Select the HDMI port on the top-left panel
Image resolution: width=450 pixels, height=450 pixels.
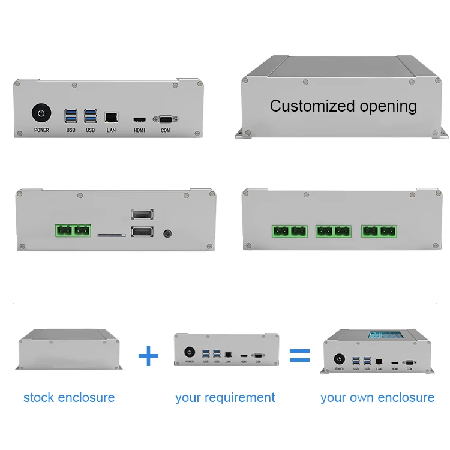point(140,119)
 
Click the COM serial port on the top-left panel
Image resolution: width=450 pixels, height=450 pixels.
point(165,119)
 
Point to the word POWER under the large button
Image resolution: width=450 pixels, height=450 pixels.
point(41,130)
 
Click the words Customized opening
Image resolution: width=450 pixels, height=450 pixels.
point(343,106)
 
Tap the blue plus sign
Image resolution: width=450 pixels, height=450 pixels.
point(148,356)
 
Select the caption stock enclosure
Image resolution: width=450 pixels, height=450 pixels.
point(69,397)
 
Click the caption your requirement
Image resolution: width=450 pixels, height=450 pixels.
point(225,397)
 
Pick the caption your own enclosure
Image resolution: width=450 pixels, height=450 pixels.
point(377,397)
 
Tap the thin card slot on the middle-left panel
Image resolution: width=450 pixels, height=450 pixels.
point(112,235)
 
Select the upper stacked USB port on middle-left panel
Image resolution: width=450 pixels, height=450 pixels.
point(142,215)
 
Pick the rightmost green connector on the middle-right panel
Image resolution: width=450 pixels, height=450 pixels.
point(379,230)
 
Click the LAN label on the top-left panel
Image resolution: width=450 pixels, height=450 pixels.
point(111,130)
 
